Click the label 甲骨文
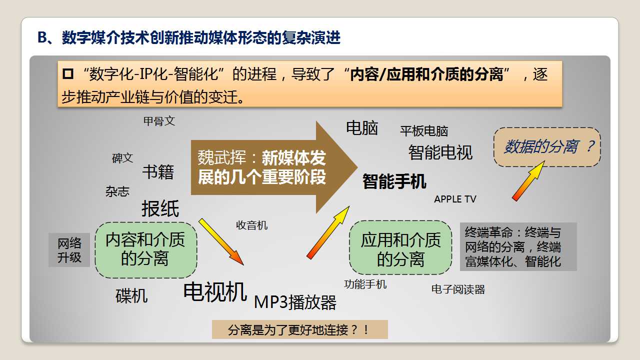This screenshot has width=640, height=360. tap(159, 121)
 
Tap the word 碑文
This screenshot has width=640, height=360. tap(122, 158)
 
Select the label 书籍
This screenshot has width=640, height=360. tap(158, 171)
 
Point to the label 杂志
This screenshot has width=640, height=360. tap(117, 191)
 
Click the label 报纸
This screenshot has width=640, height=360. tap(160, 208)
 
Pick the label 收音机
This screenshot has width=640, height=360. tap(251, 225)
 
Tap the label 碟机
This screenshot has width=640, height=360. tap(131, 295)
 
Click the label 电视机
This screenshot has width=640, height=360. tap(215, 291)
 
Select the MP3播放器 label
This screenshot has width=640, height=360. tap(295, 302)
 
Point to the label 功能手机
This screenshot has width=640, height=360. tap(365, 284)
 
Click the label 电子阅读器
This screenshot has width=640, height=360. tap(458, 289)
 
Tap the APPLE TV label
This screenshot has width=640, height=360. tap(455, 199)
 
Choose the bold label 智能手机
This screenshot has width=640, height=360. tap(394, 181)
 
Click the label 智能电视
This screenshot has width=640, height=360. tap(440, 152)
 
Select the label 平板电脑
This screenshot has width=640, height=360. tap(424, 131)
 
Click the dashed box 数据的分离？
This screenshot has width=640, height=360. tap(547, 147)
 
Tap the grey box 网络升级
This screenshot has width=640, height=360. tap(69, 250)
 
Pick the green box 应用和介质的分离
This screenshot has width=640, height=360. tap(400, 247)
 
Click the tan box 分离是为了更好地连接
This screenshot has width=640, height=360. tap(300, 329)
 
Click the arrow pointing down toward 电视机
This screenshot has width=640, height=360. tap(221, 241)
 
